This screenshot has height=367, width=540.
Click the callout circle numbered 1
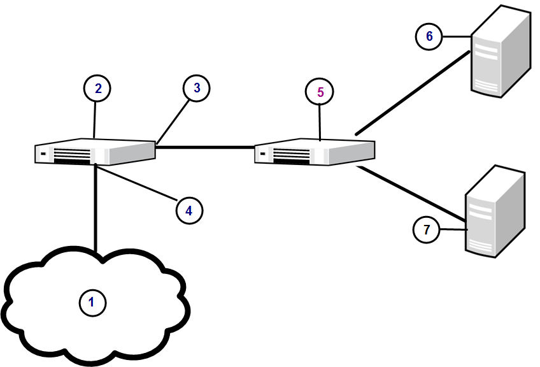tap(92, 303)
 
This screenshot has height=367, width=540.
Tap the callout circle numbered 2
tap(97, 89)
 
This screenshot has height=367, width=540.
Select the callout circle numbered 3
tap(197, 89)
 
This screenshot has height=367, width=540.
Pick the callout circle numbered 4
tap(188, 208)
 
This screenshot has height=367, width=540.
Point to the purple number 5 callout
tap(320, 92)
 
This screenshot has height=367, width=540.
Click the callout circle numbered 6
tap(429, 36)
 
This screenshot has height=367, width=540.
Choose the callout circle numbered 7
tap(427, 229)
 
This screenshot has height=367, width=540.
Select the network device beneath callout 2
tap(96, 152)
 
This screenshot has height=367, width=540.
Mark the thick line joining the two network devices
tap(204, 147)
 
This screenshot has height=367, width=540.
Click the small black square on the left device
tap(43, 154)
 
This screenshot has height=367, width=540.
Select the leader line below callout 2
tap(96, 119)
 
